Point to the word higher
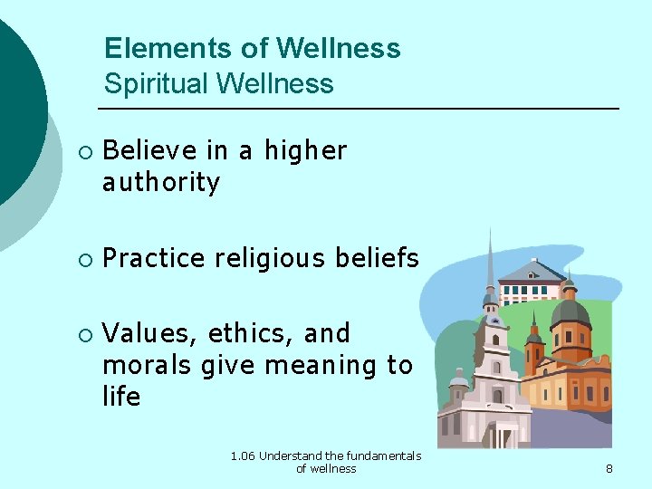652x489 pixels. [305, 150]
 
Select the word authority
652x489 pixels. [161, 183]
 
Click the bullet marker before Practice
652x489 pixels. [84, 260]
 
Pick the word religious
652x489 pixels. [273, 259]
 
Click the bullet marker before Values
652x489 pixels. [84, 335]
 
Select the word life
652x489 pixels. [121, 397]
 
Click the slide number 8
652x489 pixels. [609, 468]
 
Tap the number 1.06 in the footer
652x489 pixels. [243, 456]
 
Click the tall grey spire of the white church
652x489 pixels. [490, 263]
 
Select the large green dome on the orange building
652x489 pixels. [570, 313]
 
